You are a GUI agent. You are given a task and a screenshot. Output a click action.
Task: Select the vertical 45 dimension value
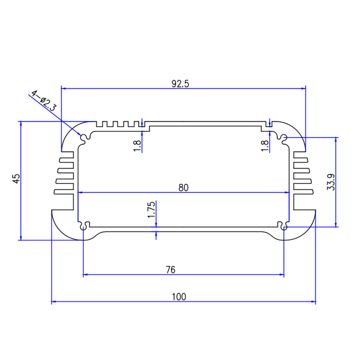pyautogui.click(x=16, y=179)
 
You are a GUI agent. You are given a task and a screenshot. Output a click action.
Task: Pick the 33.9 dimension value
pyautogui.click(x=331, y=182)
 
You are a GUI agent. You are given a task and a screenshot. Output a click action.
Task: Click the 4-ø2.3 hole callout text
pyautogui.click(x=44, y=100)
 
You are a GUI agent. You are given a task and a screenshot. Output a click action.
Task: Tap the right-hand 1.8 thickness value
pyautogui.click(x=264, y=146)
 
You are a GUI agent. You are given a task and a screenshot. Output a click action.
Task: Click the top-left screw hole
pyautogui.click(x=85, y=138)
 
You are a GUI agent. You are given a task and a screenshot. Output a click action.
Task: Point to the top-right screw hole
pyautogui.click(x=284, y=139)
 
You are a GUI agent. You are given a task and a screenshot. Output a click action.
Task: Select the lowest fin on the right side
pyautogui.click(x=303, y=192)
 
